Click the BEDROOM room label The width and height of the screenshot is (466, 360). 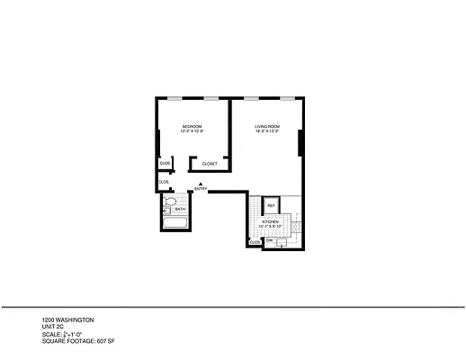(192, 126)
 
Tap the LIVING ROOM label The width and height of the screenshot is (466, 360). (267, 126)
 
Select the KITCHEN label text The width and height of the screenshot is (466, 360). (270, 221)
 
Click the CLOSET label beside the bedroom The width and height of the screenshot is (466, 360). (210, 164)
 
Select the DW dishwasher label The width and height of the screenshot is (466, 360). (269, 240)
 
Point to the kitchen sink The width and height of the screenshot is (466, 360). (281, 241)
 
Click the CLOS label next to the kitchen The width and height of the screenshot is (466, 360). (255, 242)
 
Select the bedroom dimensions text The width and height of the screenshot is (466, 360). (192, 131)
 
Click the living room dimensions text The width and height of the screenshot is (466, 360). (267, 131)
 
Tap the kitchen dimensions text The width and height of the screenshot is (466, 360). (270, 227)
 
